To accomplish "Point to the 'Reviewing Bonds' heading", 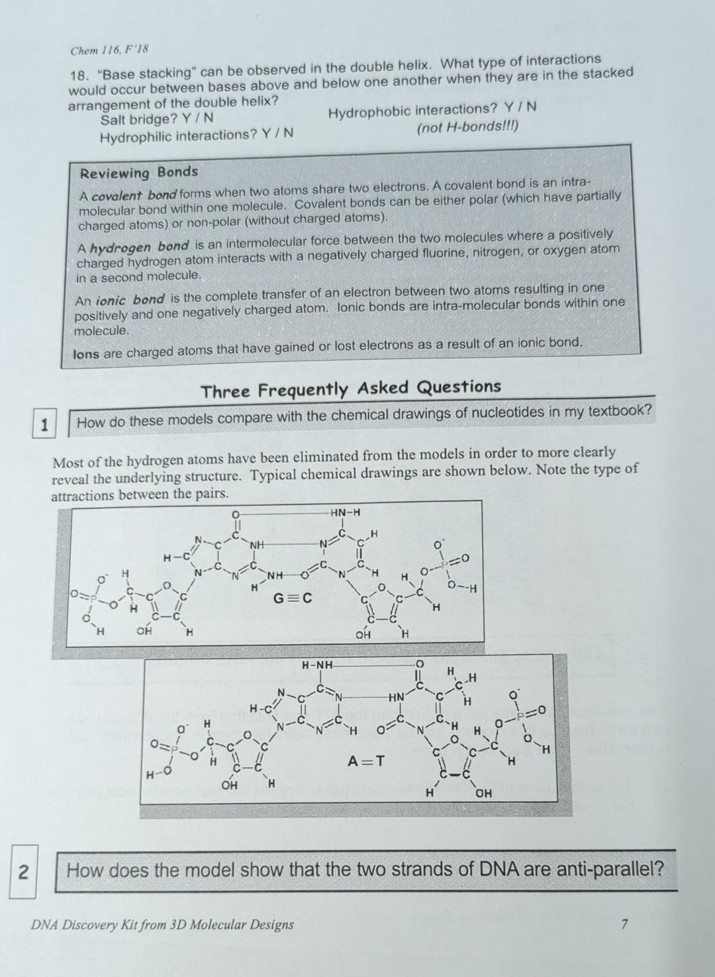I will click(x=139, y=173).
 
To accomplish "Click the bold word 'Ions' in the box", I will click(x=86, y=353).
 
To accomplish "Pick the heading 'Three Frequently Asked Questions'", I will click(x=352, y=389).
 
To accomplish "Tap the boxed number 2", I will click(x=23, y=872).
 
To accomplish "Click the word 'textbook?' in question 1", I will click(x=620, y=411).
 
